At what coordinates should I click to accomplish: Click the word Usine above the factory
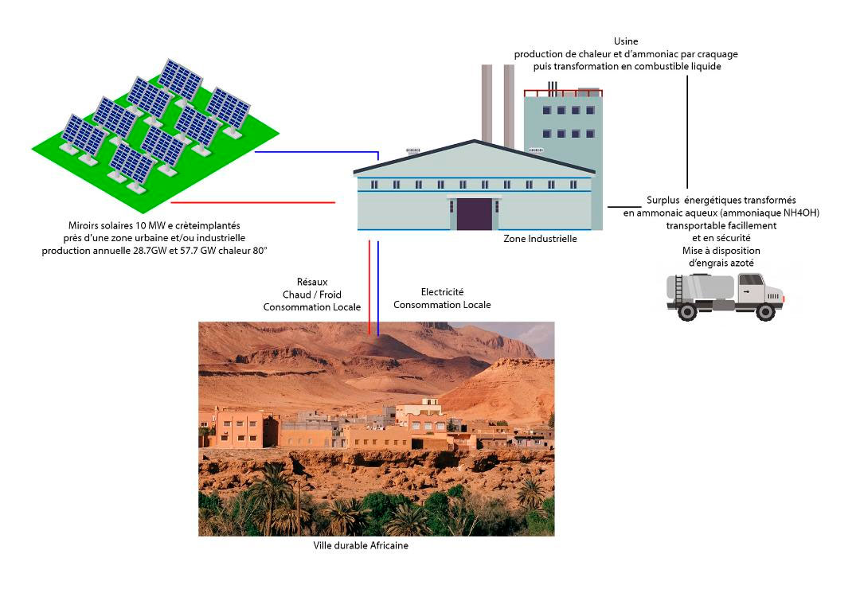pyautogui.click(x=626, y=41)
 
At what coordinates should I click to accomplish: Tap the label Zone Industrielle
pyautogui.click(x=540, y=238)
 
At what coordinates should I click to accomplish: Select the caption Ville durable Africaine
pyautogui.click(x=361, y=545)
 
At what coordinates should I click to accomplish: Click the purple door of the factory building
pyautogui.click(x=474, y=214)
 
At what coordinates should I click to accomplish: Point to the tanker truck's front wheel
pyautogui.click(x=764, y=311)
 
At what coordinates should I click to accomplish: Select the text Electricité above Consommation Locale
pyautogui.click(x=442, y=292)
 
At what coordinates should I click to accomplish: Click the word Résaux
pyautogui.click(x=311, y=282)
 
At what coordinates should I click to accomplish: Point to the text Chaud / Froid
pyautogui.click(x=312, y=295)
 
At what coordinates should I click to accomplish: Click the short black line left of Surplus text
pyautogui.click(x=623, y=207)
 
